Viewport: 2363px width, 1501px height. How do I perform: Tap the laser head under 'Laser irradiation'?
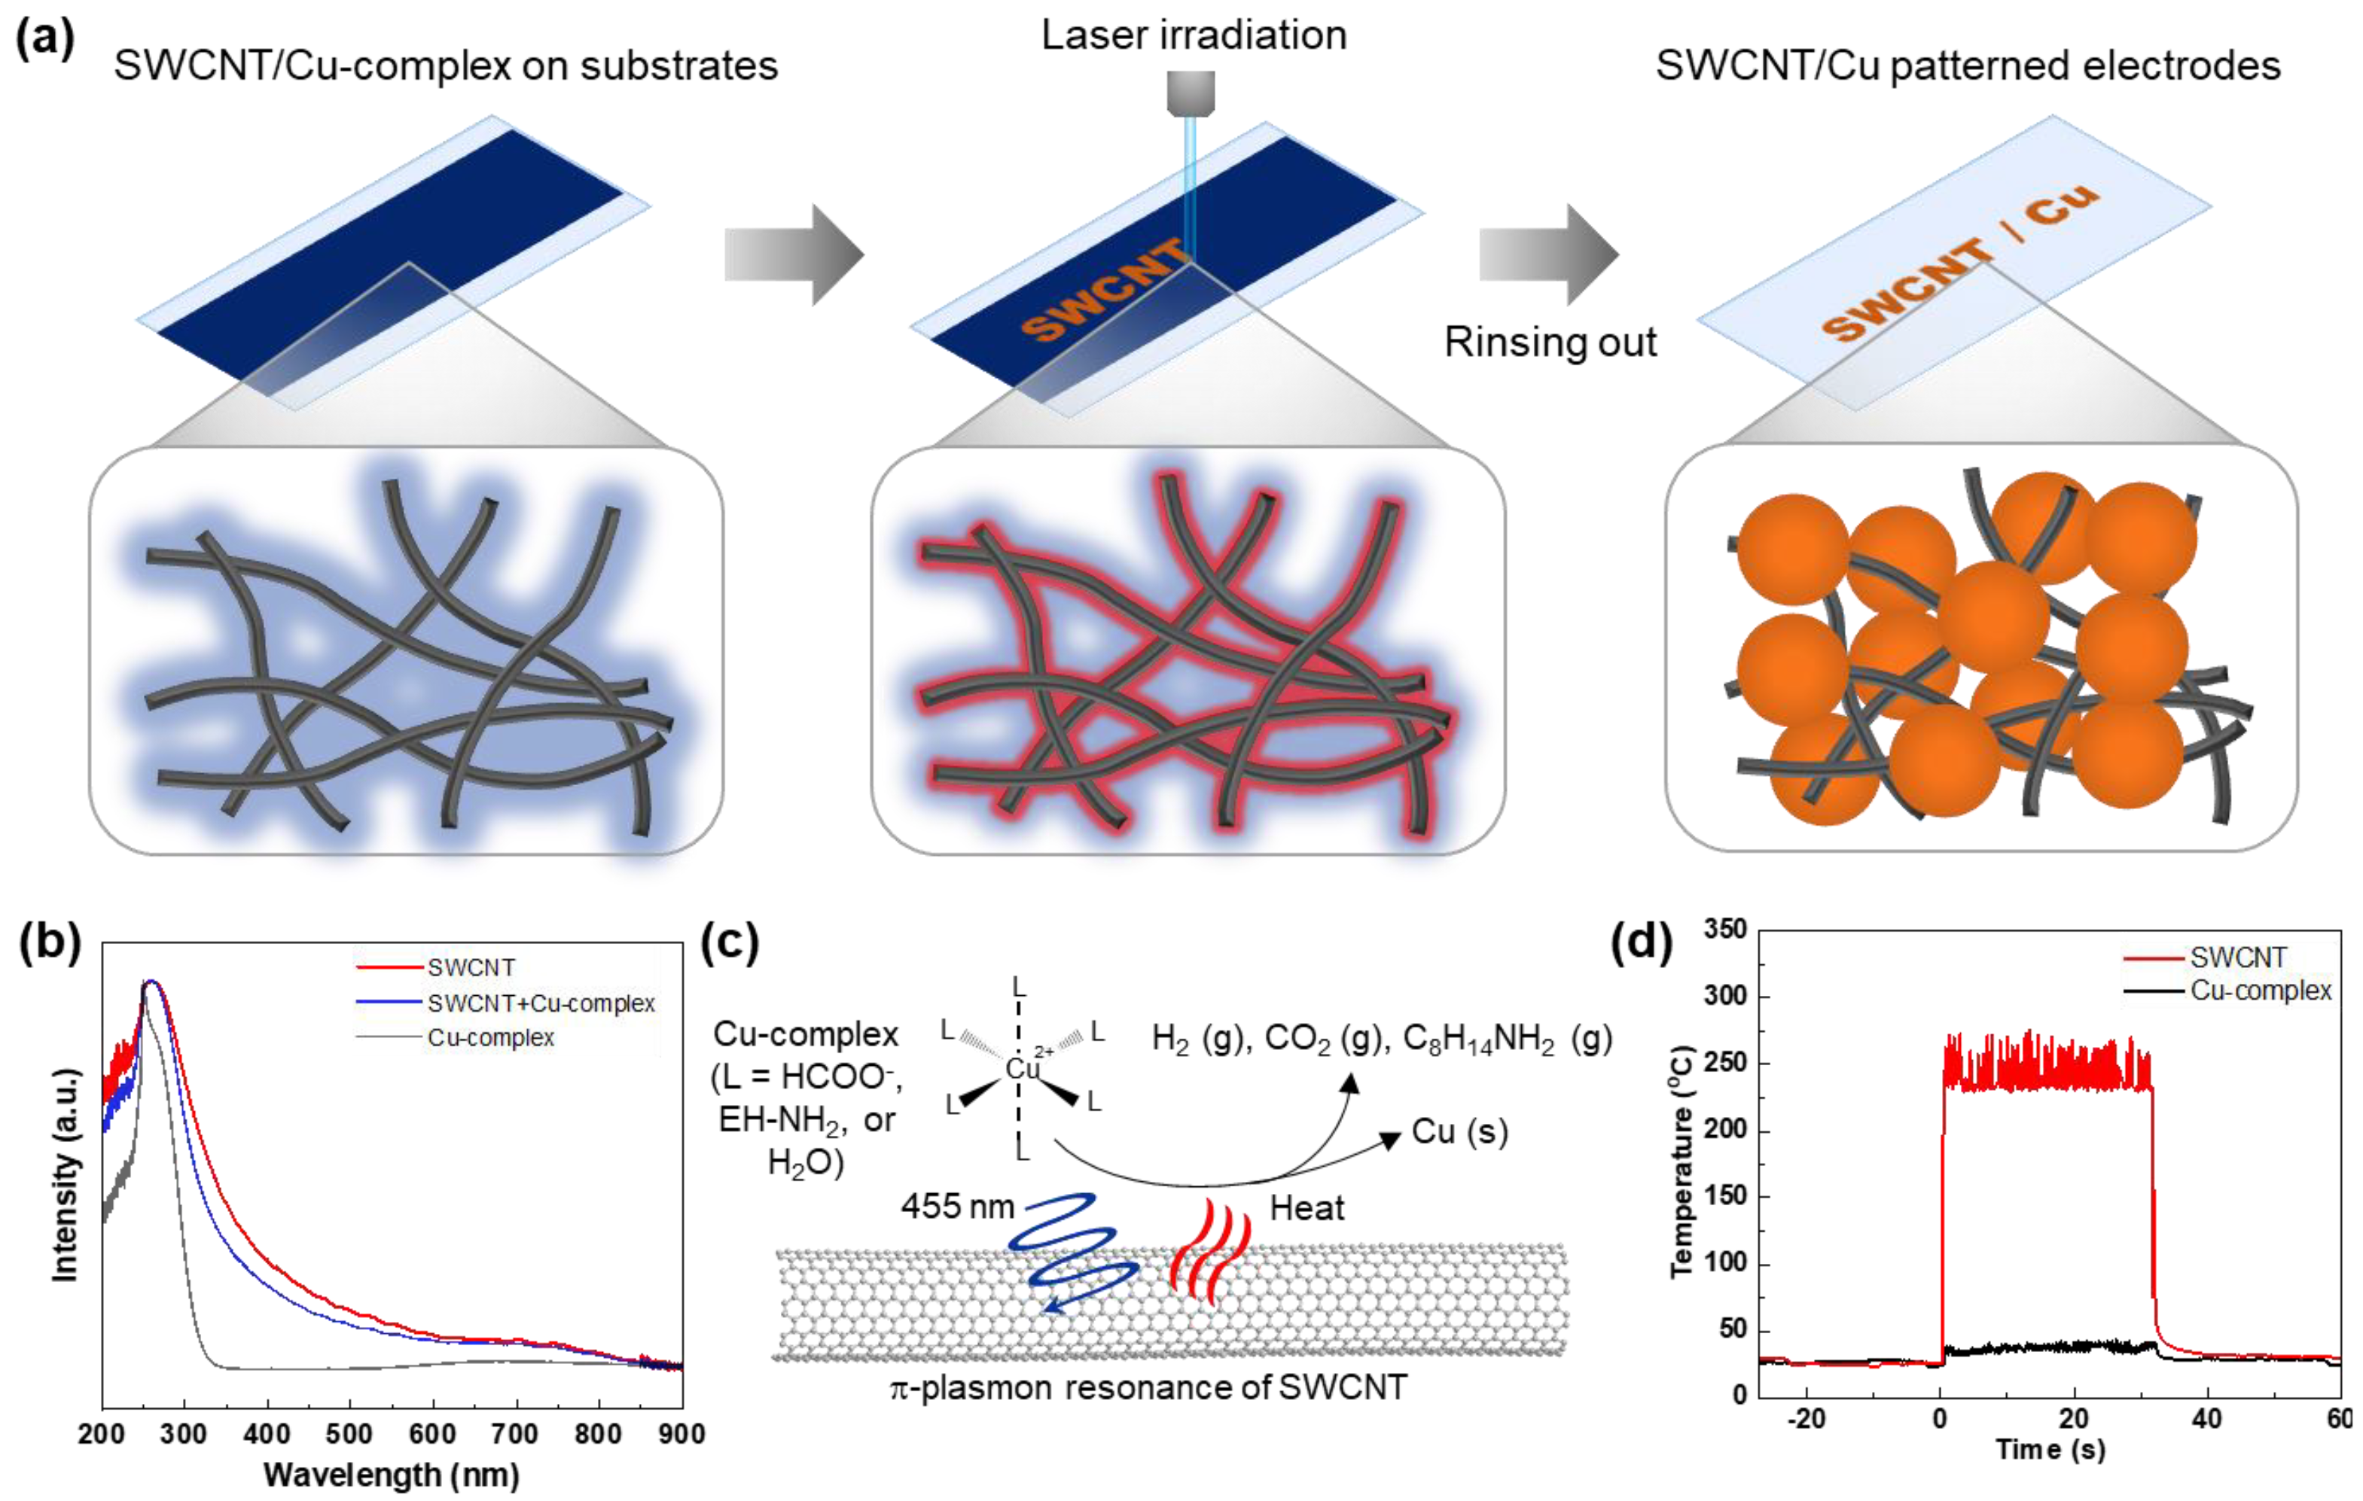coord(1191,94)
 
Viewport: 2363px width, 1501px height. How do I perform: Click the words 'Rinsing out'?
coord(1550,343)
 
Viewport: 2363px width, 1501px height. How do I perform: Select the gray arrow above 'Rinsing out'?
coord(1547,254)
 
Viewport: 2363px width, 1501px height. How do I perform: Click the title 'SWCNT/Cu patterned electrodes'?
coord(1968,65)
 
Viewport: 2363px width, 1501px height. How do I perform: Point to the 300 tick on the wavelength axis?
coord(184,1434)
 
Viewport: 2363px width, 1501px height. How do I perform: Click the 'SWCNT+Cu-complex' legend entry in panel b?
coord(540,1003)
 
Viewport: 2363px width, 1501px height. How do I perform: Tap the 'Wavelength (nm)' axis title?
coord(391,1475)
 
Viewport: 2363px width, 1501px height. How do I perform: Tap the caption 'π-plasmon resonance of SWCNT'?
coord(1148,1387)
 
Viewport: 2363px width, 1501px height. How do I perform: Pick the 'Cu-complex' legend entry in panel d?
coord(2260,991)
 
